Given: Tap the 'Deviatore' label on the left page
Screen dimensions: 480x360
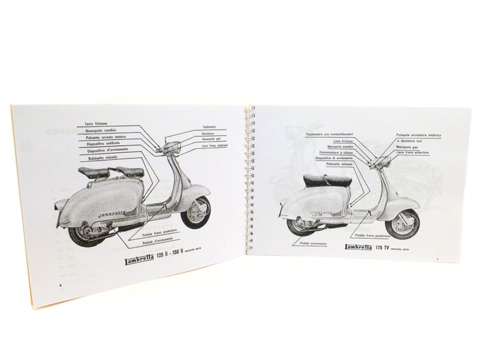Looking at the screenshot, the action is coord(210,133).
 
